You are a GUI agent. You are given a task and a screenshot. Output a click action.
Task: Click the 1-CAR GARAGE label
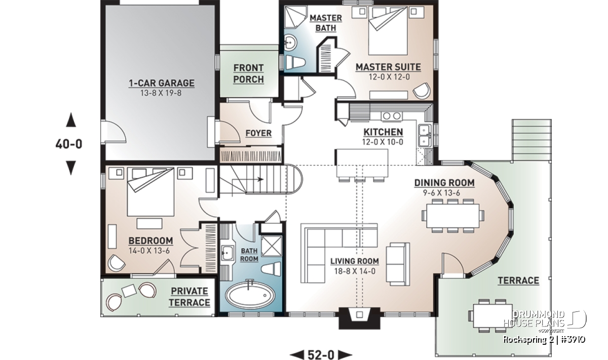click(x=162, y=83)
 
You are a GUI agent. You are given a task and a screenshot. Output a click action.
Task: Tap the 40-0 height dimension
click(x=69, y=144)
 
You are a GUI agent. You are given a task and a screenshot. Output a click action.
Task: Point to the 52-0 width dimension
click(x=321, y=354)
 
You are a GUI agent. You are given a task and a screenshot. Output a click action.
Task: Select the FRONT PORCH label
click(x=248, y=73)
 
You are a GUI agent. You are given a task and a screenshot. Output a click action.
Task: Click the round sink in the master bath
click(x=291, y=43)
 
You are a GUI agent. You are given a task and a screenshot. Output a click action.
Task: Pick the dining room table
click(x=452, y=216)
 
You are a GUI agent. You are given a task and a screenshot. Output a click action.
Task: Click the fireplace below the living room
click(x=359, y=317)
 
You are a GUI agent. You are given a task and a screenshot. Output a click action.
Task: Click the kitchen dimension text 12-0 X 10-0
click(x=383, y=142)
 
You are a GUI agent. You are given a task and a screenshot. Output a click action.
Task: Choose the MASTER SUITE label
click(x=389, y=67)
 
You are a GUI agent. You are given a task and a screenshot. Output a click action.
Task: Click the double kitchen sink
click(x=425, y=136)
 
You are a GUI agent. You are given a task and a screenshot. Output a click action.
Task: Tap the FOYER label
click(x=258, y=133)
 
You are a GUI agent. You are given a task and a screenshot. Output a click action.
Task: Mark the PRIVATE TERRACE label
click(x=189, y=297)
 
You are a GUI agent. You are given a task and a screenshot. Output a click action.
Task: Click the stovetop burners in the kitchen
click(x=392, y=116)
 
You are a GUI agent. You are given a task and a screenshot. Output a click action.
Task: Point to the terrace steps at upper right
click(x=531, y=140)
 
